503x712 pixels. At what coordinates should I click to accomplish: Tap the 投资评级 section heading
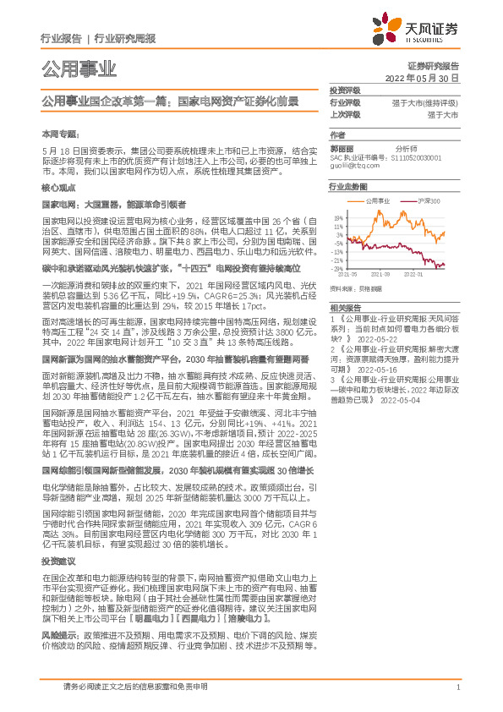click(x=345, y=90)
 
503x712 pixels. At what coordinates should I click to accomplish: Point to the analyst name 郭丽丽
click(x=341, y=146)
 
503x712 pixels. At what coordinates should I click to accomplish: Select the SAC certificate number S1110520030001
click(x=424, y=156)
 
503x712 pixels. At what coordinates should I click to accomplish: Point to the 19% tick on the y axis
click(x=338, y=216)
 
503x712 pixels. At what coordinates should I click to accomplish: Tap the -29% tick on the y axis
click(x=337, y=270)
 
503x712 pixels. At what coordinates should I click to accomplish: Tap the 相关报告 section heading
click(x=344, y=308)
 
